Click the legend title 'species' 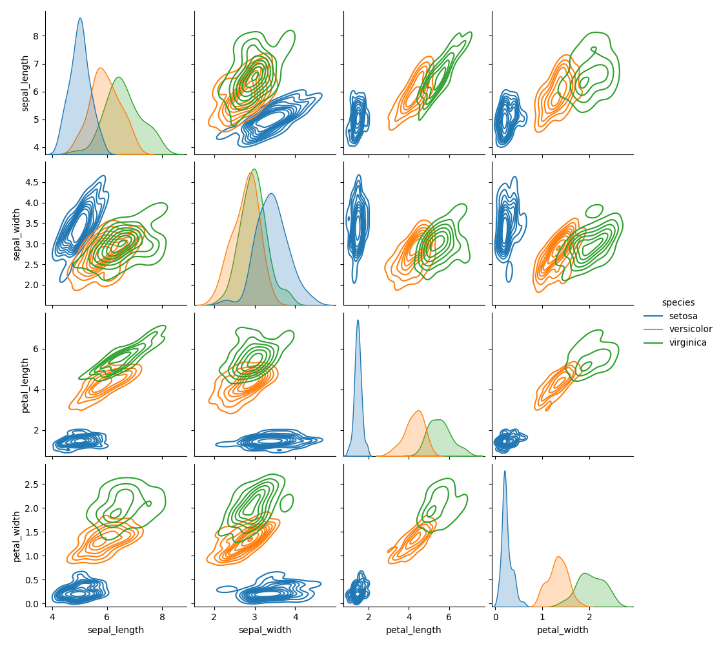pos(678,302)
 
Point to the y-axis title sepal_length pos(25,83)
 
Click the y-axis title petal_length pos(25,385)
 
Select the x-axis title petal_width pos(562,630)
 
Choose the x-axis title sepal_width pos(265,630)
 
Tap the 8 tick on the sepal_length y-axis pos(37,36)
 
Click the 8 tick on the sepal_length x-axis pos(162,616)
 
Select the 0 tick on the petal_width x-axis pos(495,616)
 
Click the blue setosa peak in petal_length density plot pos(358,320)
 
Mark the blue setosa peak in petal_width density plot pos(505,471)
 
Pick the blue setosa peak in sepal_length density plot pos(80,19)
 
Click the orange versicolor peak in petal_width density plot pos(558,557)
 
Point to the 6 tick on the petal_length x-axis pos(449,616)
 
